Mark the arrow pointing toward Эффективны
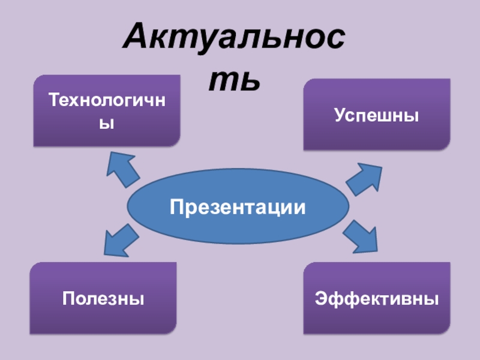click(362, 236)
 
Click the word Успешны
click(376, 115)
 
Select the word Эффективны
click(376, 298)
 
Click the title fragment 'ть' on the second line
click(234, 80)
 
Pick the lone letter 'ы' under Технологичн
click(106, 124)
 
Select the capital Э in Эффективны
click(321, 298)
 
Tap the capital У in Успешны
click(340, 115)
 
